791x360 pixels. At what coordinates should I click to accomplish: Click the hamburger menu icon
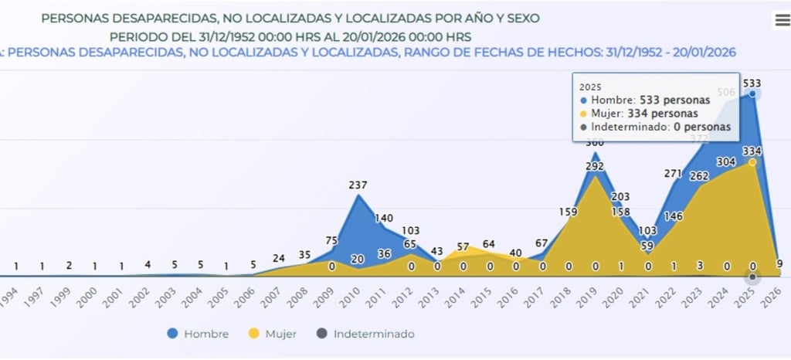tap(782, 21)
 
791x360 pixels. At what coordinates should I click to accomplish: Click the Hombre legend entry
tap(198, 334)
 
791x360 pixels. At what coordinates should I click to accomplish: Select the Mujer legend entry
tap(273, 334)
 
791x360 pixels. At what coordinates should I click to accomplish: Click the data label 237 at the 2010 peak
tap(358, 185)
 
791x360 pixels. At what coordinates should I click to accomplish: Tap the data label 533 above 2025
tap(752, 83)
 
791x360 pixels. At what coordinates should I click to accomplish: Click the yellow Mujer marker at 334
tap(752, 162)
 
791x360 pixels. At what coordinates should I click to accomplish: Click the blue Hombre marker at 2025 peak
tap(752, 94)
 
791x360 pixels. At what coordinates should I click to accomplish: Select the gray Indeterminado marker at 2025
tap(752, 277)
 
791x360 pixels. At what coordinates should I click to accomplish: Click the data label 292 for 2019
tap(594, 165)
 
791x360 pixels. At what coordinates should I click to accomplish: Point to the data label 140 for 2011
tap(385, 219)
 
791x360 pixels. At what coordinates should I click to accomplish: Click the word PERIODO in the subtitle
tap(136, 36)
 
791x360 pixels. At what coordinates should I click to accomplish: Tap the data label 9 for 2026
tap(779, 263)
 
